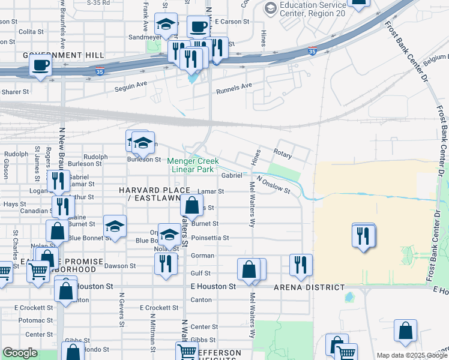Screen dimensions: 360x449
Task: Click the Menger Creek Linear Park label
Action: (192, 165)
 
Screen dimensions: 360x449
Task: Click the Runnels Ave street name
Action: (234, 87)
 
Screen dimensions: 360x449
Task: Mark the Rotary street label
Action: (282, 155)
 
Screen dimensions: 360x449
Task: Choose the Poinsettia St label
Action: (209, 238)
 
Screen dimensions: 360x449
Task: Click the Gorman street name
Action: (202, 256)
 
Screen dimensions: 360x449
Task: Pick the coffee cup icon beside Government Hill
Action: (41, 65)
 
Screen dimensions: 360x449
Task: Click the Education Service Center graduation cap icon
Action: (270, 8)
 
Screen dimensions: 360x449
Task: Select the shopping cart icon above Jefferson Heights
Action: (187, 351)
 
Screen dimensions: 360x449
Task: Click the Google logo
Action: (20, 353)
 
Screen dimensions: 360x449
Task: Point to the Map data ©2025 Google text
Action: (411, 355)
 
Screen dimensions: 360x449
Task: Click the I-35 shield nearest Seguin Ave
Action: (100, 71)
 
